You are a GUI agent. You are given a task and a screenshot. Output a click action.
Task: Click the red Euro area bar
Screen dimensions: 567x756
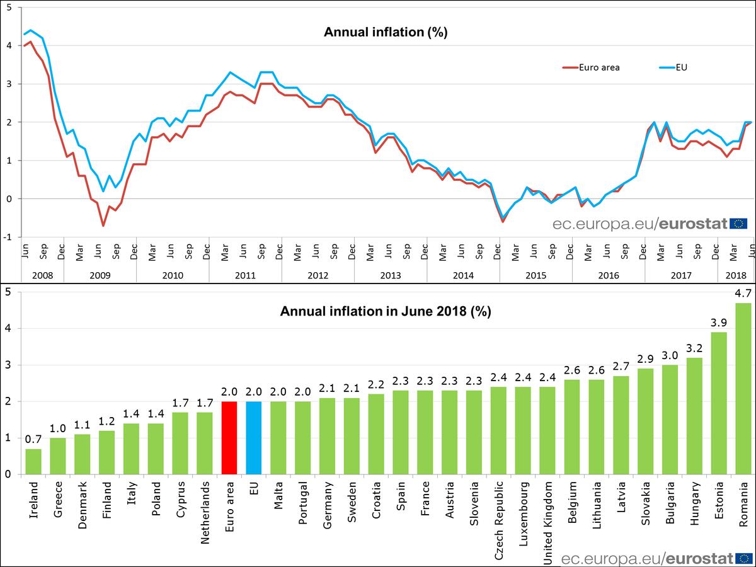pyautogui.click(x=229, y=438)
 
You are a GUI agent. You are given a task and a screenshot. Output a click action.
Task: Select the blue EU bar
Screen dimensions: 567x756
pyautogui.click(x=254, y=438)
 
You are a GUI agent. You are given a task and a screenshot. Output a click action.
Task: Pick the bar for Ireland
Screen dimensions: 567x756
pyautogui.click(x=33, y=461)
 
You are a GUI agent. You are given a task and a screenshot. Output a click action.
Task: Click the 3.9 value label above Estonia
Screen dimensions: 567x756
pyautogui.click(x=719, y=323)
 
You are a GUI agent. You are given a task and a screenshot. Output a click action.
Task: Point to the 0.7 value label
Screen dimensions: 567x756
pyautogui.click(x=33, y=439)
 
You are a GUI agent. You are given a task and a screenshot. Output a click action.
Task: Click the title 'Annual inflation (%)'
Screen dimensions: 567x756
pyautogui.click(x=385, y=33)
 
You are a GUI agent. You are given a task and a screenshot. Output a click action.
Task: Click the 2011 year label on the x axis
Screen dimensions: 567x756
pyautogui.click(x=245, y=275)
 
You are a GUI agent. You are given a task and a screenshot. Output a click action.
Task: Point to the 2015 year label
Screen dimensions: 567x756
pyautogui.click(x=535, y=275)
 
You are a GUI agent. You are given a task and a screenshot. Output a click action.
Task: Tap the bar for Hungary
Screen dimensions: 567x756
pyautogui.click(x=694, y=416)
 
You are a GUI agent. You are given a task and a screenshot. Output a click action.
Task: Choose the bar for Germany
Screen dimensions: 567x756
pyautogui.click(x=327, y=436)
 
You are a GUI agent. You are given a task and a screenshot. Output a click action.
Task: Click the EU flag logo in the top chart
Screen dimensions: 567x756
pyautogui.click(x=738, y=223)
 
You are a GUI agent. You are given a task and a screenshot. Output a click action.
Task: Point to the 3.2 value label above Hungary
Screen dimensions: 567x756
pyautogui.click(x=694, y=348)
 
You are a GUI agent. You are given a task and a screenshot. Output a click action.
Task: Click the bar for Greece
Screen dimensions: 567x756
pyautogui.click(x=58, y=456)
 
